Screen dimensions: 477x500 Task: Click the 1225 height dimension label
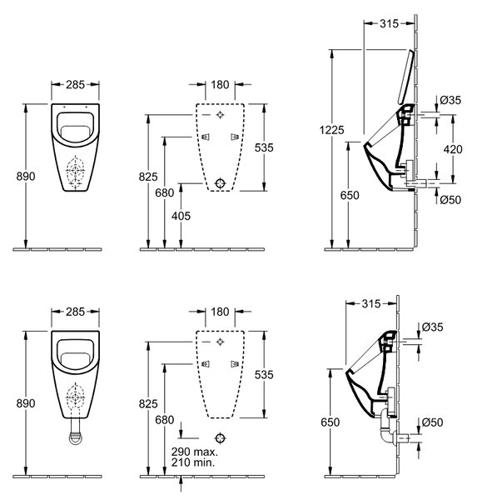click(331, 130)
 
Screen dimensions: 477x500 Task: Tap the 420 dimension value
click(453, 149)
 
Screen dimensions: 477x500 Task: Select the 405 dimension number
click(181, 216)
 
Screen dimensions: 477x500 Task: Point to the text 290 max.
click(195, 452)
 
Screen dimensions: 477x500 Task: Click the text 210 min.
click(193, 462)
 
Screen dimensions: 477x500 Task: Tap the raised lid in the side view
click(406, 76)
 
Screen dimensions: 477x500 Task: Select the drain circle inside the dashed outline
click(220, 183)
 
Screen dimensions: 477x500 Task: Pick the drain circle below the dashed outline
click(220, 437)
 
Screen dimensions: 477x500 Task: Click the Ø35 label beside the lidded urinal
click(450, 100)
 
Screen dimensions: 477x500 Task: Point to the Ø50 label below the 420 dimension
click(450, 200)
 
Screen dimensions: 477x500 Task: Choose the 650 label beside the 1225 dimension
click(350, 195)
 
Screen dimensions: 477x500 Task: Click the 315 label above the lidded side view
click(389, 23)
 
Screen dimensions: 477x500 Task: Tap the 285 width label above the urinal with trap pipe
click(76, 312)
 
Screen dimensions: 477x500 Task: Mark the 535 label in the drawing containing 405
click(264, 147)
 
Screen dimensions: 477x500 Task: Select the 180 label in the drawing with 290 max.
click(220, 312)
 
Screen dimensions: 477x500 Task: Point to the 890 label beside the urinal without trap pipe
click(26, 177)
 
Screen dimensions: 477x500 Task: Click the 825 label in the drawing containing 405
click(148, 177)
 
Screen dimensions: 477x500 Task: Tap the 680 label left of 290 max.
click(165, 420)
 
